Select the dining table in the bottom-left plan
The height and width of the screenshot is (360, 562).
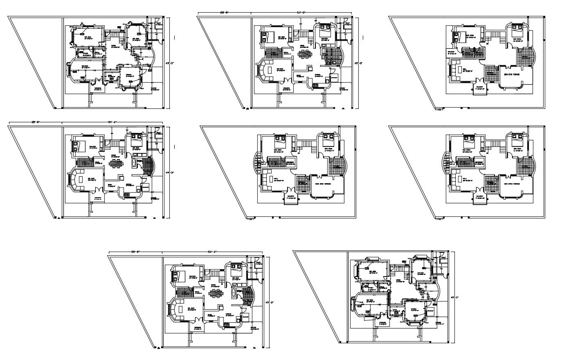tap(215, 293)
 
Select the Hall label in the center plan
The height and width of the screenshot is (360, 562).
tap(277, 179)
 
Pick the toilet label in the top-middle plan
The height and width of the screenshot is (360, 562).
tap(347, 24)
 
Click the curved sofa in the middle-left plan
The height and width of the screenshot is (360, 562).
tap(73, 180)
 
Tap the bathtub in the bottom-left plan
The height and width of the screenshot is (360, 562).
tap(233, 292)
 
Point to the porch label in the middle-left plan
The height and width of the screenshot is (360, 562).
tap(154, 198)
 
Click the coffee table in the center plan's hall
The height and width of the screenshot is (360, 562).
tap(270, 179)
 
